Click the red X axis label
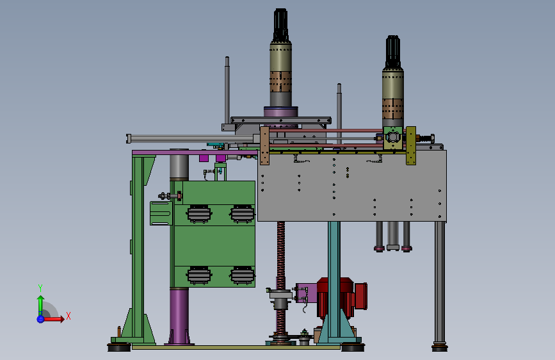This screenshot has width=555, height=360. [x=68, y=316]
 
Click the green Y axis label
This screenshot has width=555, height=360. [x=40, y=288]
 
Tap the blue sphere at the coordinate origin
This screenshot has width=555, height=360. [x=40, y=319]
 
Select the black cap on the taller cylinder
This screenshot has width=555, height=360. [x=280, y=25]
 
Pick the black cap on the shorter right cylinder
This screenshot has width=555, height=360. [x=393, y=52]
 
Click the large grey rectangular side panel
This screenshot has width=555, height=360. [x=352, y=186]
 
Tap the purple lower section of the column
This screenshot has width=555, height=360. [x=179, y=316]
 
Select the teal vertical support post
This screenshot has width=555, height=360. [x=334, y=280]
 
